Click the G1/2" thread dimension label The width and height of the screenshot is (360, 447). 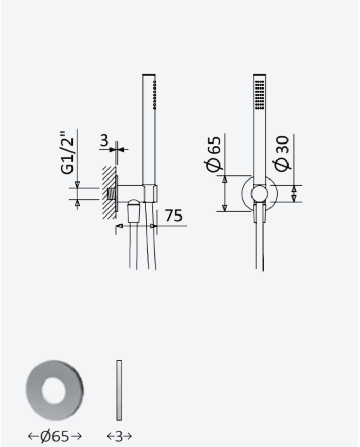click(x=67, y=153)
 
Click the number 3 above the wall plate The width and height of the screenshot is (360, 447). click(x=104, y=140)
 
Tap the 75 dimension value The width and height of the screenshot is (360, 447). click(x=174, y=216)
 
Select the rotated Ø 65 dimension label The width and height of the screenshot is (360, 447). click(x=213, y=154)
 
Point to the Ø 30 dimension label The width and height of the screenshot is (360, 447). click(x=282, y=154)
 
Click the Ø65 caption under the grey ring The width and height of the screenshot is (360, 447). click(x=55, y=436)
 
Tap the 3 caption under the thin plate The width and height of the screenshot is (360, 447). click(x=119, y=436)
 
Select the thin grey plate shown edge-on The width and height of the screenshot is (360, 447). click(x=119, y=390)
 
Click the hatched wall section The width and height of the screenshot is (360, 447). click(x=109, y=193)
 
